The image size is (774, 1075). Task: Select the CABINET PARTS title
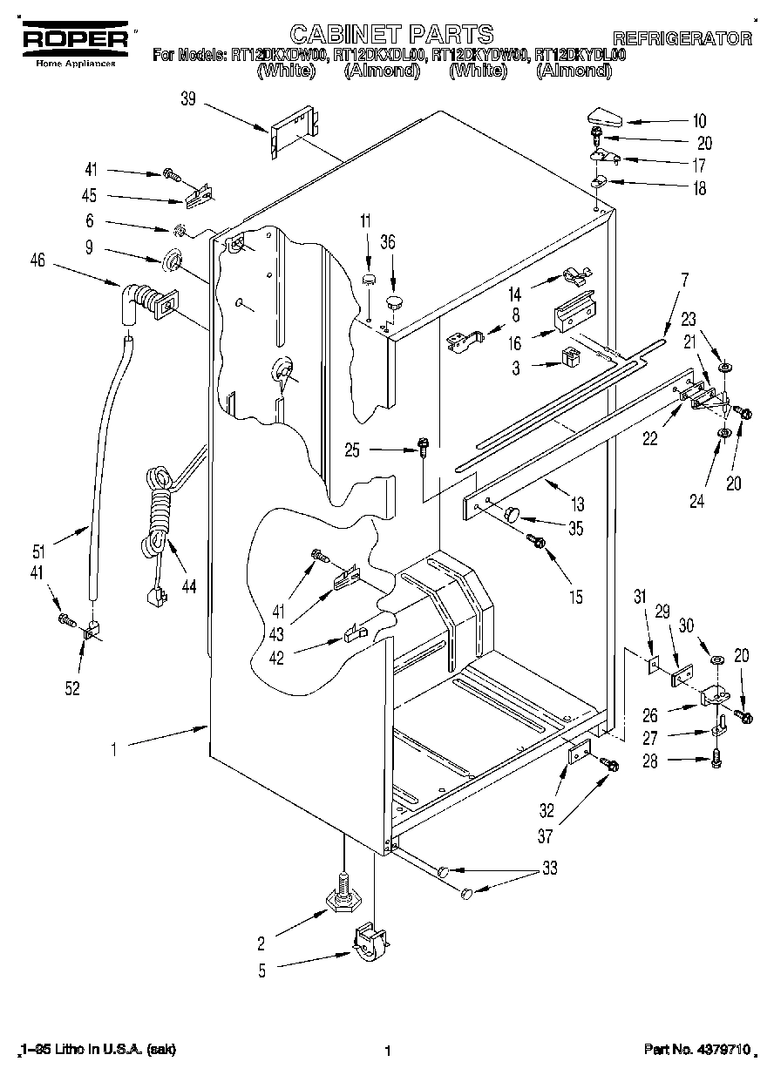(391, 35)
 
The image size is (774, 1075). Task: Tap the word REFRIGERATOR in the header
(682, 38)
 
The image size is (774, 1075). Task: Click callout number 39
(187, 100)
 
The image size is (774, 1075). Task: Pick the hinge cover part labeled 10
(602, 116)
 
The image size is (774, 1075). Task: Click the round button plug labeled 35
(509, 512)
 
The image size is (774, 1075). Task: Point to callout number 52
(72, 688)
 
